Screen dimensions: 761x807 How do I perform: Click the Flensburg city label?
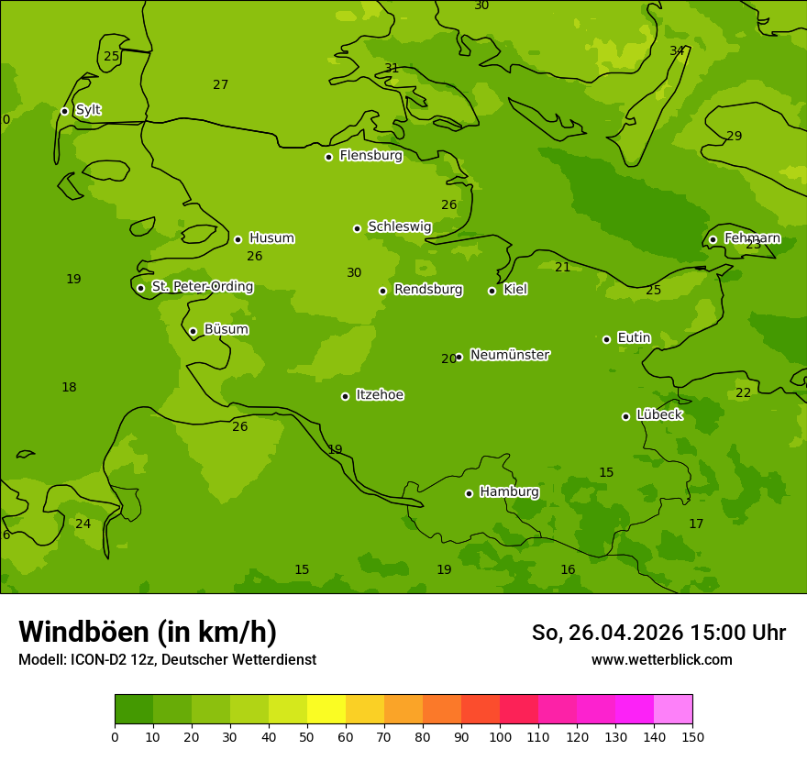370,156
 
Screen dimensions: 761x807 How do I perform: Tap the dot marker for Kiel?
492,291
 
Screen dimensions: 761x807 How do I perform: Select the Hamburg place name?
509,492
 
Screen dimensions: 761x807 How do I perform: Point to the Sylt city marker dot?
64,111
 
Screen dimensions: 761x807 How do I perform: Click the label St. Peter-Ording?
202,287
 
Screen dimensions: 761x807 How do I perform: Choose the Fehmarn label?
752,238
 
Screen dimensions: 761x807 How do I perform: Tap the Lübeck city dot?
625,416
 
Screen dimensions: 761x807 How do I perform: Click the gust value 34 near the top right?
677,50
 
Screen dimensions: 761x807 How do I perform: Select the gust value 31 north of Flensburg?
392,68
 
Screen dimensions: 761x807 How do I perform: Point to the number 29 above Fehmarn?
734,136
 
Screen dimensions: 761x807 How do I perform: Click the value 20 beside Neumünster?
448,358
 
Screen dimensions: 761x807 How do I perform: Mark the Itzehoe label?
380,395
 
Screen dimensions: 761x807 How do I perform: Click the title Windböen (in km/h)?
147,632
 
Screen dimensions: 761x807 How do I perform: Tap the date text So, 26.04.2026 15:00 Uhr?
658,633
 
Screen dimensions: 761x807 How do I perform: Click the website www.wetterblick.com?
661,659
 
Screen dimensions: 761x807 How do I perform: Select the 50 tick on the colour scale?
307,736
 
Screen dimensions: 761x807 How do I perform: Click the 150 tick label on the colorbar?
692,736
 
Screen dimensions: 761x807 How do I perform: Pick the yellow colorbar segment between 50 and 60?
326,709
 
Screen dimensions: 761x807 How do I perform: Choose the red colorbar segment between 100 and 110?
519,709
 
